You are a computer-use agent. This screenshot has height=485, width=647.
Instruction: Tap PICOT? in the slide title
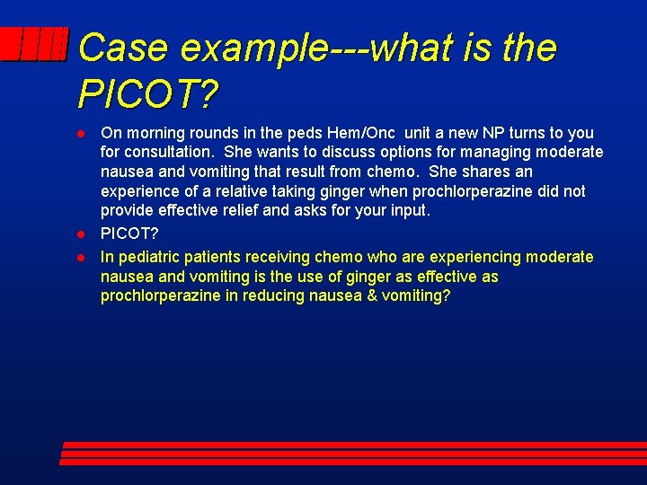149,92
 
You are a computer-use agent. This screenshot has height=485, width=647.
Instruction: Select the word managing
491,153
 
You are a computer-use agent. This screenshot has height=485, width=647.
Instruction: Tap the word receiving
274,257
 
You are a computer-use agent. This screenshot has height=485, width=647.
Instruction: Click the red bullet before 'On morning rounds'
81,133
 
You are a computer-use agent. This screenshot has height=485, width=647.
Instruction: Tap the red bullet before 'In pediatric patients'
81,257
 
